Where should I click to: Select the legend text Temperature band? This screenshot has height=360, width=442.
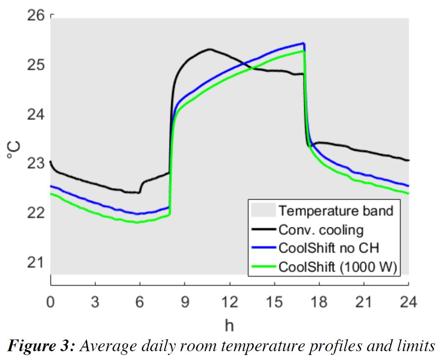pos(336,211)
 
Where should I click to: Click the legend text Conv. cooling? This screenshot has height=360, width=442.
pos(321,229)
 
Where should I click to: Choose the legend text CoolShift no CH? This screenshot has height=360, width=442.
pos(329,248)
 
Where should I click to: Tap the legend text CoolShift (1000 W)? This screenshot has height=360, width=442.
pos(337,267)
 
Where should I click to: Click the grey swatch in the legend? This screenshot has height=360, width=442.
pos(263,210)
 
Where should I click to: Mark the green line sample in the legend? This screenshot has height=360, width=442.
pos(263,267)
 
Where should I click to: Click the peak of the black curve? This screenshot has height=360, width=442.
pos(210,49)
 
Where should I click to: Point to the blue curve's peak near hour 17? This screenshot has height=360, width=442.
pos(303,43)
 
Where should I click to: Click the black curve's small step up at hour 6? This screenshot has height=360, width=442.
pos(141,188)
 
